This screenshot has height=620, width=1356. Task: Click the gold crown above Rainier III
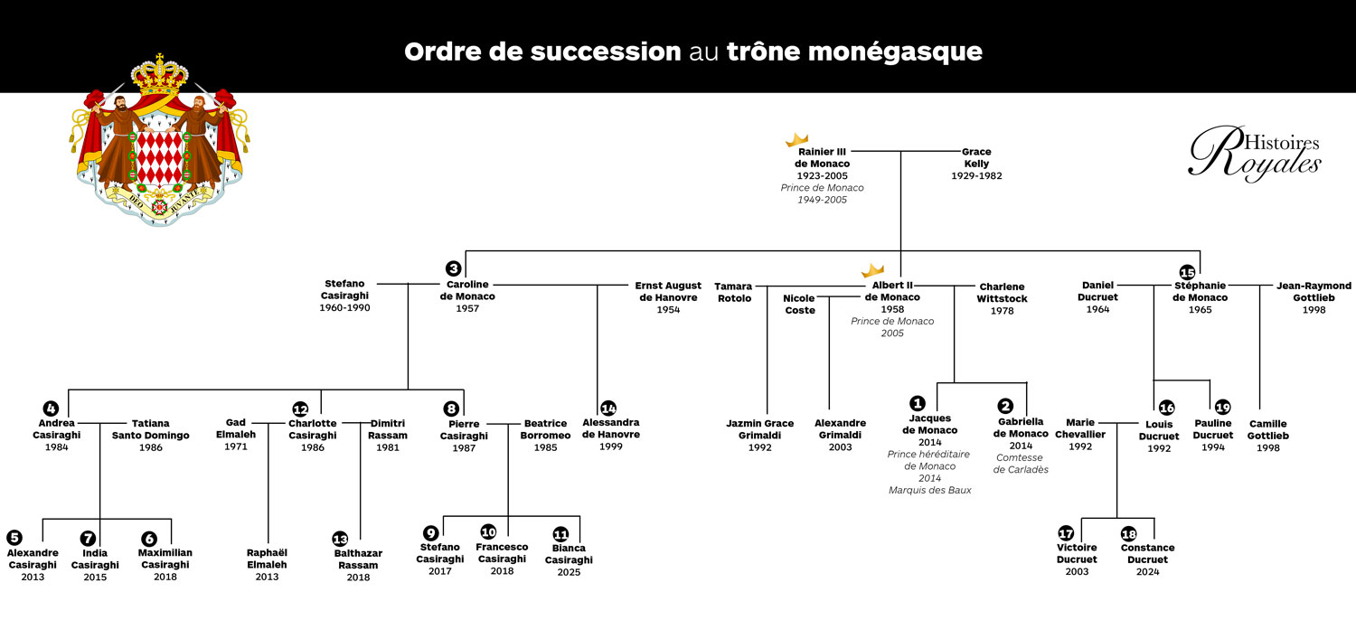click(796, 139)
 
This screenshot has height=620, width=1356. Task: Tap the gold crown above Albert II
click(872, 269)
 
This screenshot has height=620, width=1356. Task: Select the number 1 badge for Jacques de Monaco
click(918, 403)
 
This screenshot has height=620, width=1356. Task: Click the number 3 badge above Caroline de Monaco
click(454, 268)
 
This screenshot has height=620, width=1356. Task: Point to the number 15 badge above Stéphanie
click(1188, 272)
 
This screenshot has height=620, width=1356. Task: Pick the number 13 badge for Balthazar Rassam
click(340, 539)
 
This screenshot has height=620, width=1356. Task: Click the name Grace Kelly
click(976, 158)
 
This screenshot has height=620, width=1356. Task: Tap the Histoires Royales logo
click(1255, 154)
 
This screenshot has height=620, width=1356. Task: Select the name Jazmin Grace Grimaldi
click(759, 429)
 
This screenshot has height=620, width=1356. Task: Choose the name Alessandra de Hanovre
click(611, 428)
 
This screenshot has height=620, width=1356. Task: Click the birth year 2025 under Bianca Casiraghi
click(569, 572)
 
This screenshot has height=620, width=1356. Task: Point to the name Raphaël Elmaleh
click(267, 559)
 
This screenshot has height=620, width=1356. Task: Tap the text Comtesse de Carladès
click(1021, 464)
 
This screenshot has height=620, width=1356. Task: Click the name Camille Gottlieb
click(1267, 429)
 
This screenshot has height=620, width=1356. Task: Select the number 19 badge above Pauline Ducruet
click(1223, 407)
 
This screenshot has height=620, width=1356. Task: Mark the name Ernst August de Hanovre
click(668, 292)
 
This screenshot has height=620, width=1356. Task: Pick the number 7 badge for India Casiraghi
click(88, 539)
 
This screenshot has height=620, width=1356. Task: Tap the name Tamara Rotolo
click(734, 292)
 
